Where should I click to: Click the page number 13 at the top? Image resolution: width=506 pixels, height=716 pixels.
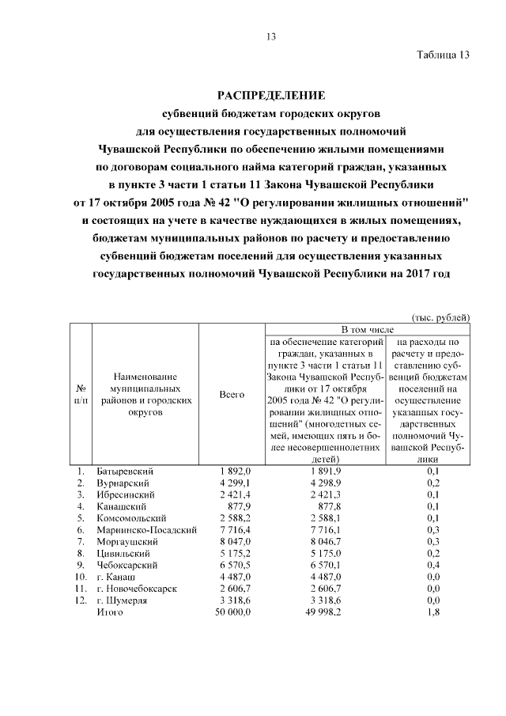click(270, 36)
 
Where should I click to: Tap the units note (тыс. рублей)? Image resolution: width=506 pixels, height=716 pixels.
click(441, 316)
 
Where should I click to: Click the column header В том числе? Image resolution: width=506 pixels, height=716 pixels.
click(367, 328)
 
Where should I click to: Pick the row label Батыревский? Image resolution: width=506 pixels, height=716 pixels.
click(124, 472)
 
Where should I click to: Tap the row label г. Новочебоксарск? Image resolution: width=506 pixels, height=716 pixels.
click(136, 589)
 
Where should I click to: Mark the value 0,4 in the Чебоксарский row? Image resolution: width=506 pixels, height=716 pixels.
click(433, 566)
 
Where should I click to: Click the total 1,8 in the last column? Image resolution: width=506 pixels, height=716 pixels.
click(433, 613)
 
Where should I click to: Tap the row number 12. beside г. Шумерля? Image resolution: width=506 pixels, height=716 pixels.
click(80, 601)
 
